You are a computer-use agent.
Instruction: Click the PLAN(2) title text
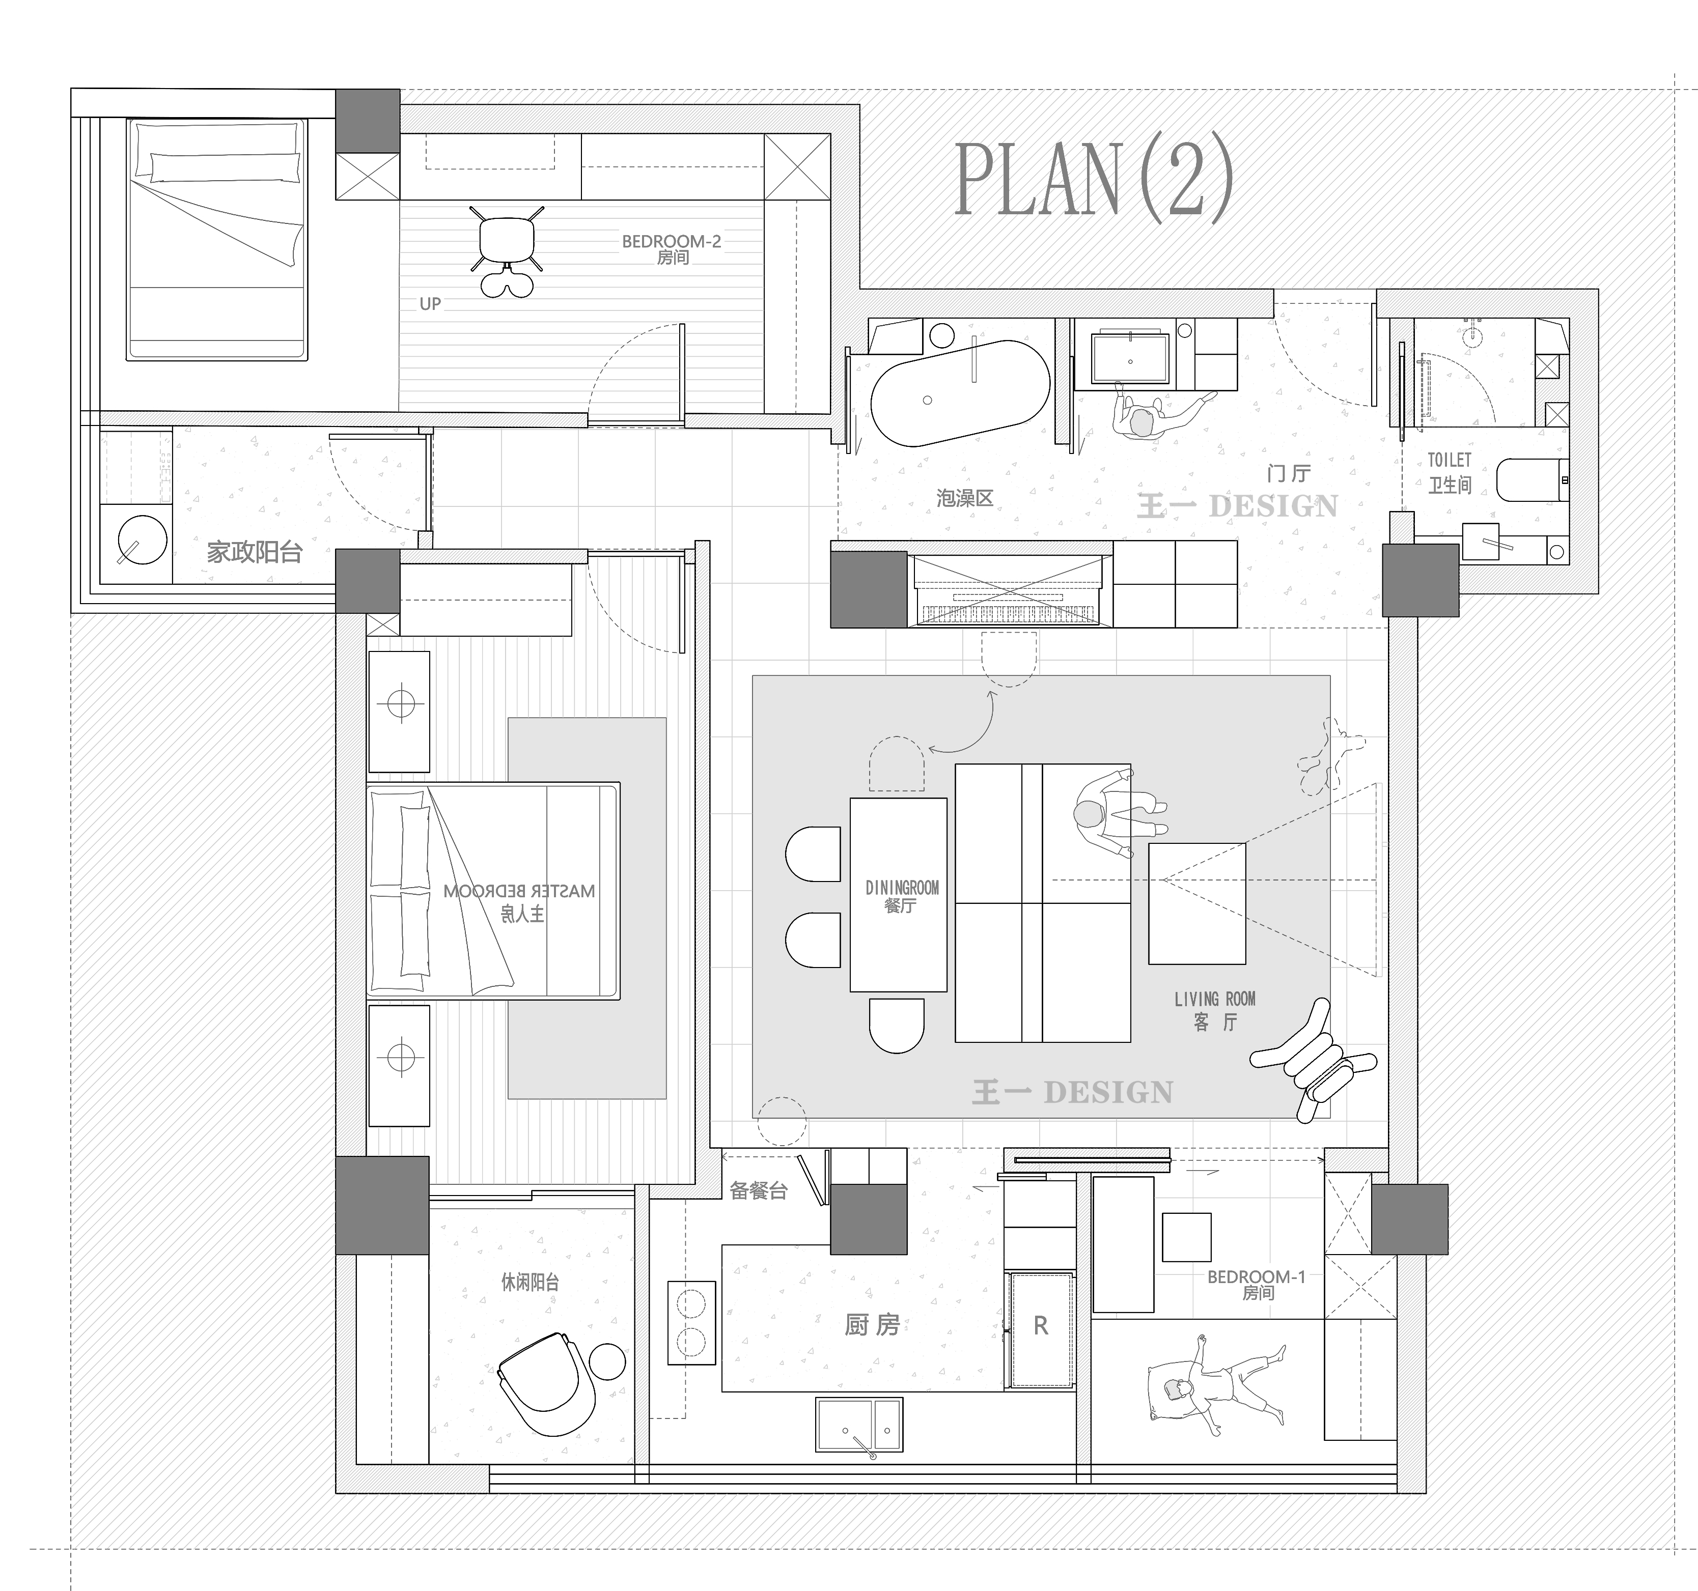pyautogui.click(x=1093, y=179)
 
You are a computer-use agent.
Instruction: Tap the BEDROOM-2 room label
pyautogui.click(x=672, y=242)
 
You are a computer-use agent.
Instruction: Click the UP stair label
pyautogui.click(x=430, y=304)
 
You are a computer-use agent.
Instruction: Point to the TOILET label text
pyautogui.click(x=1450, y=460)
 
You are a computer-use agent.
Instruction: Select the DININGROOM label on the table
pyautogui.click(x=902, y=888)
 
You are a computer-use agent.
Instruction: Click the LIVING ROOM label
pyautogui.click(x=1214, y=999)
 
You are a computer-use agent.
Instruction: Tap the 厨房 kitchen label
pyautogui.click(x=872, y=1324)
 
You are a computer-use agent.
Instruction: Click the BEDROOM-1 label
pyautogui.click(x=1257, y=1277)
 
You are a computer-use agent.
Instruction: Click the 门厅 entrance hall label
pyautogui.click(x=1289, y=472)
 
